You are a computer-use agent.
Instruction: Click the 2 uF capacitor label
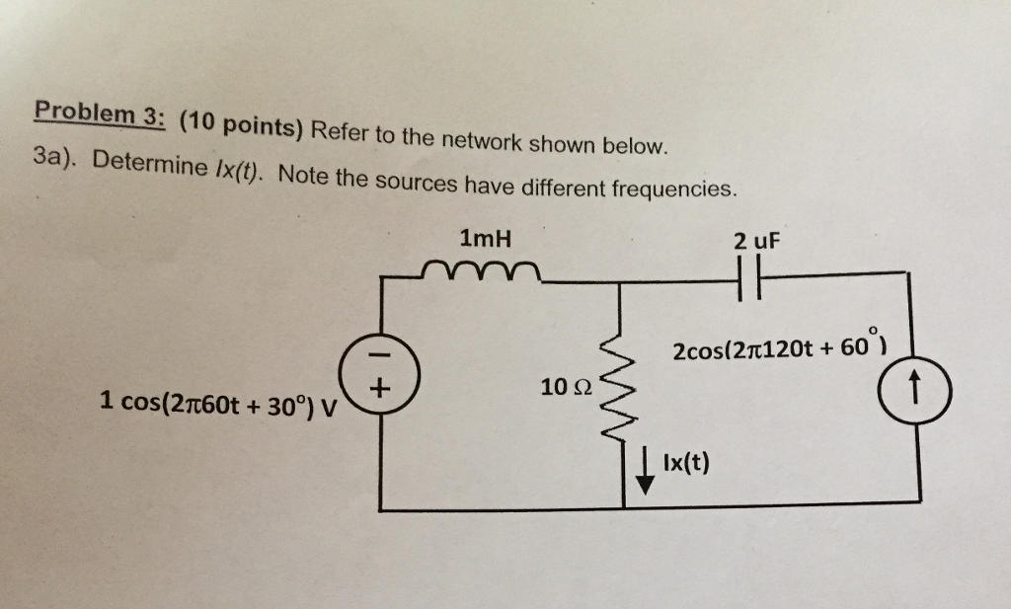pos(755,241)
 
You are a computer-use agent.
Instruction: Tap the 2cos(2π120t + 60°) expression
pos(778,349)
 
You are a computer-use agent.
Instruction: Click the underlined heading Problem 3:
pos(97,114)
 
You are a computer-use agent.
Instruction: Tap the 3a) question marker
pos(56,157)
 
